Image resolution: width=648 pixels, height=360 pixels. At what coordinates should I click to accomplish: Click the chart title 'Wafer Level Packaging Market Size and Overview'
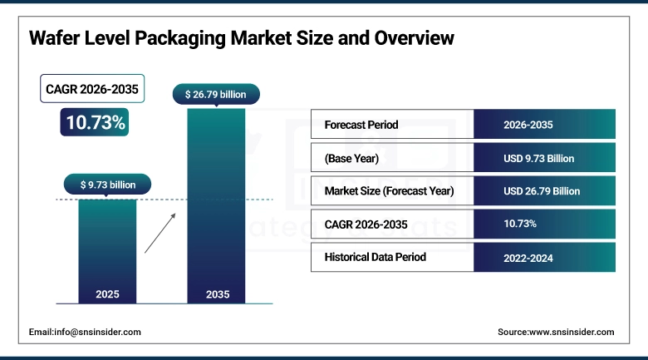pyautogui.click(x=242, y=38)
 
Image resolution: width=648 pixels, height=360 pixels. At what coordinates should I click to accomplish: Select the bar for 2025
pyautogui.click(x=108, y=249)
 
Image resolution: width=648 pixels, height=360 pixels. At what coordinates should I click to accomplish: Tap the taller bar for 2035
pyautogui.click(x=216, y=208)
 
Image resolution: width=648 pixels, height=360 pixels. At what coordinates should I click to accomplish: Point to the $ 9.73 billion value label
pyautogui.click(x=108, y=184)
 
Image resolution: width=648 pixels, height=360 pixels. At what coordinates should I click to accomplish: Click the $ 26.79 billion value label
pyautogui.click(x=216, y=95)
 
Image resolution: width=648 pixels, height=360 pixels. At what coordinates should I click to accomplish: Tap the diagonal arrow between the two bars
pyautogui.click(x=160, y=231)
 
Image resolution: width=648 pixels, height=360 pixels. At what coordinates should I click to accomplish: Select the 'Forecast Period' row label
pyautogui.click(x=361, y=125)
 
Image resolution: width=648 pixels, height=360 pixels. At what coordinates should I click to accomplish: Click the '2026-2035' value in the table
pyautogui.click(x=528, y=125)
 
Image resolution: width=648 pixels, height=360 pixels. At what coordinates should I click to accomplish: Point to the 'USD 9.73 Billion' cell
pyautogui.click(x=538, y=158)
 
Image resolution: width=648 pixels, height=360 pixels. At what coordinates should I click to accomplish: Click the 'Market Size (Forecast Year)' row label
pyautogui.click(x=389, y=191)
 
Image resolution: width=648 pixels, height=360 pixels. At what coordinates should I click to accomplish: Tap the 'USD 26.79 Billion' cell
pyautogui.click(x=542, y=191)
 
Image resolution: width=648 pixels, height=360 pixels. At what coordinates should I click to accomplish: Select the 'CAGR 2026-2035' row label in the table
pyautogui.click(x=366, y=224)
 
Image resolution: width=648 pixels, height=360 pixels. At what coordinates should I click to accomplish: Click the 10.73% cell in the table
pyautogui.click(x=520, y=224)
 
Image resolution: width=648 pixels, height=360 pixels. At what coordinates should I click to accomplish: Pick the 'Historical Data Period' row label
pyautogui.click(x=375, y=257)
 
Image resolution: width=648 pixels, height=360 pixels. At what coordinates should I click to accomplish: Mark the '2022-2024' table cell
pyautogui.click(x=528, y=258)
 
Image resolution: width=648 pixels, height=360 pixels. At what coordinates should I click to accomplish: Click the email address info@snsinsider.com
pyautogui.click(x=85, y=332)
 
